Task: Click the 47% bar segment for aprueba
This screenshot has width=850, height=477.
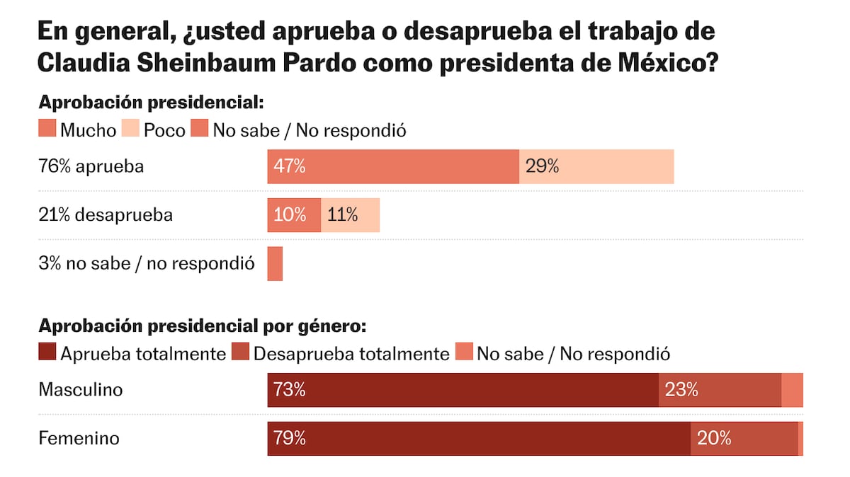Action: (x=393, y=166)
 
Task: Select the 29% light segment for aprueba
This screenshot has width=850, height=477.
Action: (x=596, y=166)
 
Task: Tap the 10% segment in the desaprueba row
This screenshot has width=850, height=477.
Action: (x=294, y=215)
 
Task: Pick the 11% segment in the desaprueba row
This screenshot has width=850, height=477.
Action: (x=350, y=215)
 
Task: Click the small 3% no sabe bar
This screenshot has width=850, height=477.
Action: (x=275, y=263)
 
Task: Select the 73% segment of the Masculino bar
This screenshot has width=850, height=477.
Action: (x=463, y=390)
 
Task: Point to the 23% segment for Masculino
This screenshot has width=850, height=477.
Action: (x=720, y=390)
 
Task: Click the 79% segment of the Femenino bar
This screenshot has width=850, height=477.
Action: (x=479, y=439)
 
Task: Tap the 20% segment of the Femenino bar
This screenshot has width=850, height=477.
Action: (x=744, y=439)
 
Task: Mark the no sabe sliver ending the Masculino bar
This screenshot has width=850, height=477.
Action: (x=792, y=390)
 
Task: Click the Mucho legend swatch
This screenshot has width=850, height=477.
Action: (x=47, y=130)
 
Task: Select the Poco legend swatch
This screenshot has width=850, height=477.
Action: (x=131, y=130)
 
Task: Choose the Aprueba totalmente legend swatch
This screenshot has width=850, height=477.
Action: (x=47, y=353)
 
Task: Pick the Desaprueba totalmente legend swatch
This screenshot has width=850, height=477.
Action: (x=240, y=353)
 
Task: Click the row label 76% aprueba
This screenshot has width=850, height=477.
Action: (x=91, y=167)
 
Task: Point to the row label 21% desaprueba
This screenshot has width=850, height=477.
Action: (x=105, y=215)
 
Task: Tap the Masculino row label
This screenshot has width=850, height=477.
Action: (x=80, y=390)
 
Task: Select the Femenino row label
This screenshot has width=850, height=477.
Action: (x=79, y=439)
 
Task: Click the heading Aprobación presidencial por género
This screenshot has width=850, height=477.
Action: (x=203, y=326)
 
